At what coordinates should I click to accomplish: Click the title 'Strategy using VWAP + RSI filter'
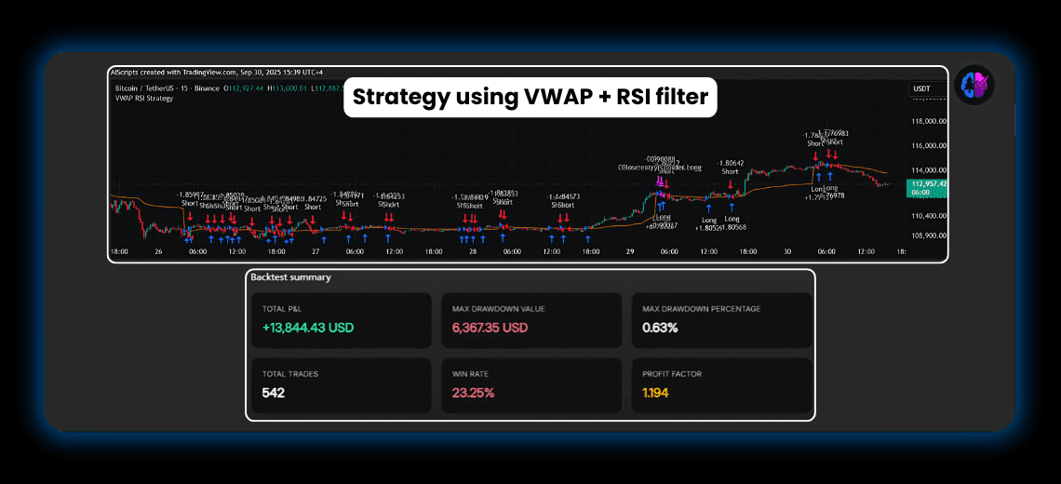coord(530,97)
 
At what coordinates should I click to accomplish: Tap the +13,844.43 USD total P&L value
coord(308,328)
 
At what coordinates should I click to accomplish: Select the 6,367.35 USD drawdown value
coord(490,328)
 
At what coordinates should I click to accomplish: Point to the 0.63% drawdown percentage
coord(660,328)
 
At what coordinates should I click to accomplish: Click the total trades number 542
coord(273,393)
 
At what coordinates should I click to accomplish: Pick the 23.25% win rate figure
coord(473,393)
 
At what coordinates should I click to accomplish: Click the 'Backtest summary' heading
coord(290,277)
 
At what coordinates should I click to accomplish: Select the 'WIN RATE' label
coord(471,374)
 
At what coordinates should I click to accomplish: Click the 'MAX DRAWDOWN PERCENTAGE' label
coord(701,309)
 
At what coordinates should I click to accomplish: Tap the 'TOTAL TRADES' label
coord(290,374)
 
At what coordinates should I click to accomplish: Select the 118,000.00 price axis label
coord(928,121)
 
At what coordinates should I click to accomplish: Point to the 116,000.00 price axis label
coord(928,146)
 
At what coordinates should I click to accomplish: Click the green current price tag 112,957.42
coord(928,184)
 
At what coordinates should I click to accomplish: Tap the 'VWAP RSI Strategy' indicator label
coord(141,99)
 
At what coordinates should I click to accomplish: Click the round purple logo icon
coord(974,85)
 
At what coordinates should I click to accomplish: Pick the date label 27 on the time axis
coord(316,251)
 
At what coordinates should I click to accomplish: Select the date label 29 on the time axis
coord(629,251)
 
